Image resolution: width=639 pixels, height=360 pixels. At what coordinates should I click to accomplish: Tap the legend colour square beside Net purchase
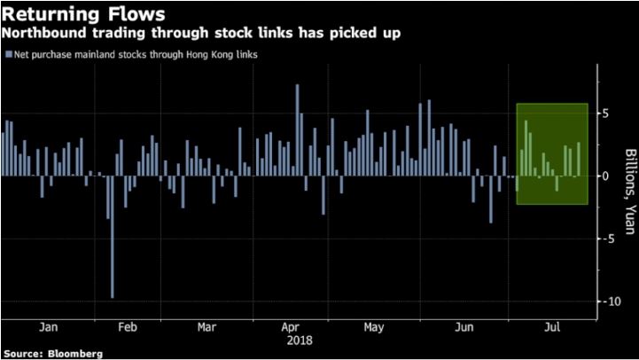click(8, 55)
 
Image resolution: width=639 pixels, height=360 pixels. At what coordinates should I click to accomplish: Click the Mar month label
click(206, 327)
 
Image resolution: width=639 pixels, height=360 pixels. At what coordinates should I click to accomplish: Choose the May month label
click(374, 327)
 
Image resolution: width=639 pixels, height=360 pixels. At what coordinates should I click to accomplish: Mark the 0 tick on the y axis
click(606, 176)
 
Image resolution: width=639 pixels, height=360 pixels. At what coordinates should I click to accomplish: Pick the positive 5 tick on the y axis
click(606, 113)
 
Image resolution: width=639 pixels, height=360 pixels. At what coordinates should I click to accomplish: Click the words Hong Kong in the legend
click(183, 55)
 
